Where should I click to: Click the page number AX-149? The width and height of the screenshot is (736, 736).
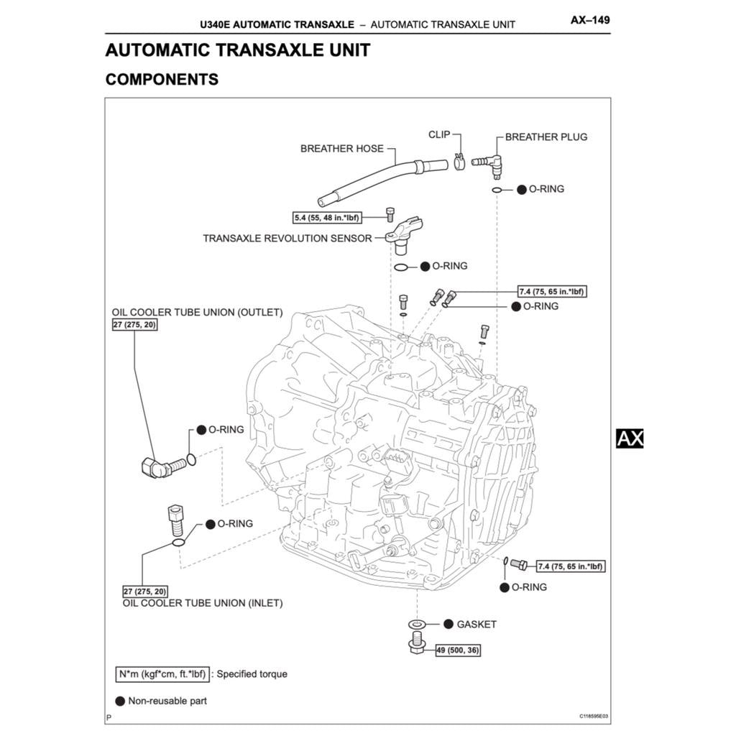coord(589,20)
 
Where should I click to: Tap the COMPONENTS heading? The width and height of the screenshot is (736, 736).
coord(162,80)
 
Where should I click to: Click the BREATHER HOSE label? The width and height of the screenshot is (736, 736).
coord(341,149)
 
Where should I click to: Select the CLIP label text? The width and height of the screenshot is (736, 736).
coord(439,134)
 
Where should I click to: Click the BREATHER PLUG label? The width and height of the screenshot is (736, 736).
coord(546,137)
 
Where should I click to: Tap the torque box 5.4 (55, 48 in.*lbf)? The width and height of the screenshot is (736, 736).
coord(327,217)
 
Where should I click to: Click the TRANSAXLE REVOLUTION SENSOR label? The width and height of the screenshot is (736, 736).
coord(287,238)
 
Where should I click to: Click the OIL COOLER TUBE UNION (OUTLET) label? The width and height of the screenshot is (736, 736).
coord(197,313)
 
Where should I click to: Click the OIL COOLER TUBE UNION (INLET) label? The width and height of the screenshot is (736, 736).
coord(203,603)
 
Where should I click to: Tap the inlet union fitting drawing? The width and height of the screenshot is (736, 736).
coord(175,518)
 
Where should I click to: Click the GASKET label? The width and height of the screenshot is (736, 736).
coord(476,625)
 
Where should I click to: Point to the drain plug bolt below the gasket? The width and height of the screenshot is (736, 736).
coord(417,645)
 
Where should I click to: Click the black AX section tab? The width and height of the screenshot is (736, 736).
coord(630,438)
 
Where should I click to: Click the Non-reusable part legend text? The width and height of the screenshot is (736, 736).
coord(167,701)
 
